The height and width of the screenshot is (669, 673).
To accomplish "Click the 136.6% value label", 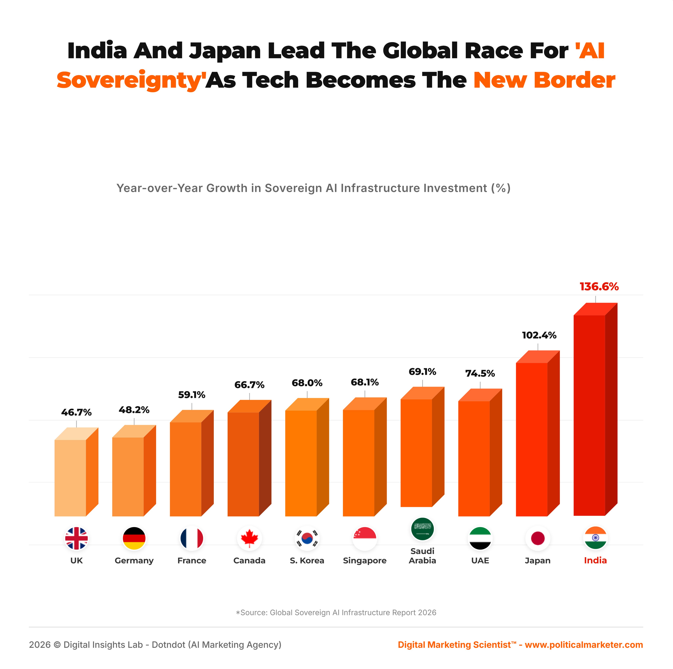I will (x=599, y=287).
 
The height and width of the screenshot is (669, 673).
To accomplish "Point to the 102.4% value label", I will (x=539, y=335).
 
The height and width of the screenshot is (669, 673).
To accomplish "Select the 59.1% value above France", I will (x=192, y=395).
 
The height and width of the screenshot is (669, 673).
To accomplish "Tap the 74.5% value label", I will (x=480, y=373).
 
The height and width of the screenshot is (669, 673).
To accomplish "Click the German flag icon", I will (x=134, y=538).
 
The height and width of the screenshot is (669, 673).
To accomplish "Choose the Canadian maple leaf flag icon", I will (x=249, y=538).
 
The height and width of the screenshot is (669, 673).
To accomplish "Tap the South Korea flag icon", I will (x=307, y=538).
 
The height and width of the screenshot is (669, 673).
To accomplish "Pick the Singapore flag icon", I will (x=365, y=538).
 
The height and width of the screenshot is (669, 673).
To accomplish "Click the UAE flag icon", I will (x=480, y=538).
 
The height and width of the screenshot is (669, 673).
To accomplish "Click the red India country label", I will (x=595, y=560).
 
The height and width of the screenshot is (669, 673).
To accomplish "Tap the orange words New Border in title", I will (x=544, y=80).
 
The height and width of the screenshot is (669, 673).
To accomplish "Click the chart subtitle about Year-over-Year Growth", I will (x=313, y=188).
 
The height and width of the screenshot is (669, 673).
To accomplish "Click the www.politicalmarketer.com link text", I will (x=584, y=645).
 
